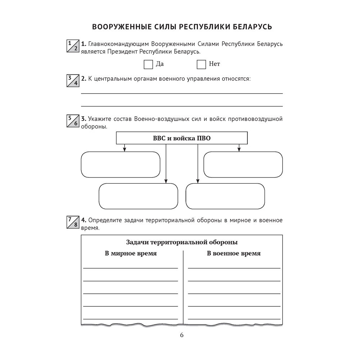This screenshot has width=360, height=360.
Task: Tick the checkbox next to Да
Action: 148,64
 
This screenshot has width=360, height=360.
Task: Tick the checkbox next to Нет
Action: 201,64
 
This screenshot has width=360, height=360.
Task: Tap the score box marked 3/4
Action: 73,81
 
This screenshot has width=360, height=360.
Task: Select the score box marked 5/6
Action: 73,121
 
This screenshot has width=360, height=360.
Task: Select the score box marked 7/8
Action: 73,222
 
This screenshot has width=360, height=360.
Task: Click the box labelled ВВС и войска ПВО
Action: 182,138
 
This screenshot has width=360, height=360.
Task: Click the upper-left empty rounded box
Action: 121,165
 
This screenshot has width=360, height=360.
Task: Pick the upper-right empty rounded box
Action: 243,165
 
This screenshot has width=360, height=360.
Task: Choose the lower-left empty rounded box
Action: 138,196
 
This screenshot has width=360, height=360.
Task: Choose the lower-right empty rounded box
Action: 225,196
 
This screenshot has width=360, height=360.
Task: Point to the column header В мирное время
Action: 131,253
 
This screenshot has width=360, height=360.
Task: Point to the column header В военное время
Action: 234,253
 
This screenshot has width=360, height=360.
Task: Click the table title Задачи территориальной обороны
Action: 182,242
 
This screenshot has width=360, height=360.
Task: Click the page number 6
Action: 181,335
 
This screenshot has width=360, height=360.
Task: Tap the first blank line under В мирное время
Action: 131,267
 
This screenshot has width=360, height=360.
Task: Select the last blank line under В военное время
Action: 234,318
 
